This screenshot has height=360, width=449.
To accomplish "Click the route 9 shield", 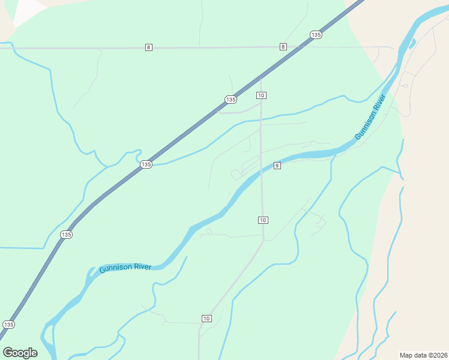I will tap(277, 165).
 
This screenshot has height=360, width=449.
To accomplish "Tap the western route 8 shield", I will tap(148, 47).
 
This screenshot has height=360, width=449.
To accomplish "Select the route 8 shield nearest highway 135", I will tap(283, 47).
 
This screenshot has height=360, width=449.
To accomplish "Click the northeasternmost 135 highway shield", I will tap(316, 35).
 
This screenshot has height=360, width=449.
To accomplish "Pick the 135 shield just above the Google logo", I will tap(8, 324).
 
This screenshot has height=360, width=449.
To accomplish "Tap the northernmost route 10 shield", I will tap(261, 95).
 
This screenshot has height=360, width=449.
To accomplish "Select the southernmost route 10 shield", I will tap(206, 318).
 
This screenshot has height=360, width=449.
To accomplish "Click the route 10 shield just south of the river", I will tap(263, 220).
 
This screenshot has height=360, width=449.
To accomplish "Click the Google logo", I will tap(20, 352).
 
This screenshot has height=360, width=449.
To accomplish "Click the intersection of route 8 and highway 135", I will tap(300, 47).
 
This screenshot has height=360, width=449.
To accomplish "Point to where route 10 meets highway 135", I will tap(261, 77).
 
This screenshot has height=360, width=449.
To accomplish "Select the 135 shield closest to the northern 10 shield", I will tap(231, 99).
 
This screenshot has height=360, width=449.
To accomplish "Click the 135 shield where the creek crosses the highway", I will tap(146, 164).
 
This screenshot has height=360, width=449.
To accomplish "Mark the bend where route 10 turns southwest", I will tap(264, 241).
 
